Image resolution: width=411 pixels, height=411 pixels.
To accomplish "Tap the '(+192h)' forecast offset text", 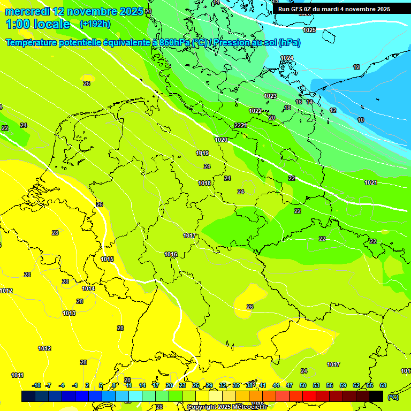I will [x=95, y=24].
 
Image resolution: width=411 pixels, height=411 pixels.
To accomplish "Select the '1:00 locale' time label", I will [x=37, y=24].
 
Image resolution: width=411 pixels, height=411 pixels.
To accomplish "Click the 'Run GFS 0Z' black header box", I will [x=334, y=9].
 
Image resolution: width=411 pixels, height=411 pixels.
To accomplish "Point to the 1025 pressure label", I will [x=309, y=30].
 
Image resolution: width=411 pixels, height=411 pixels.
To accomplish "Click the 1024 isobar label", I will [x=287, y=58].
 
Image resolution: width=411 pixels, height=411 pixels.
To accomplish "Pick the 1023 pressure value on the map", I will [x=270, y=96].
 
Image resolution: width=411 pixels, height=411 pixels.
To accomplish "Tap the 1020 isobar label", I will [x=221, y=140].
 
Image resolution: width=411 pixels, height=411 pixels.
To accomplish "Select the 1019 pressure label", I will [x=202, y=153].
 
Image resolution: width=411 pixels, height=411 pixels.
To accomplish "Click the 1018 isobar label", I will [x=204, y=183].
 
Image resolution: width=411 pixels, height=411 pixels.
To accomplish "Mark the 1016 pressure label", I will [x=171, y=254].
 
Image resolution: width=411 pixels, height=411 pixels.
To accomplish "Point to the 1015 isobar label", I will [x=107, y=259].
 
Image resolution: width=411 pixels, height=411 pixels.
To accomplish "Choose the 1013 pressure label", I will [x=69, y=313].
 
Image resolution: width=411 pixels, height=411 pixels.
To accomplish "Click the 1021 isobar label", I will [x=371, y=182].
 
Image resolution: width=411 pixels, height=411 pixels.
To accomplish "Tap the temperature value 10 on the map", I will [x=361, y=120].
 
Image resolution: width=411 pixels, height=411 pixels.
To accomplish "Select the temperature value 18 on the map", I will [x=287, y=108].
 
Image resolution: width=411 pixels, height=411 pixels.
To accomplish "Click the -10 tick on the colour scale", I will [x=37, y=385].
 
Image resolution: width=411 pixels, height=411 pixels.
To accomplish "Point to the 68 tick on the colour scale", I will [x=383, y=385].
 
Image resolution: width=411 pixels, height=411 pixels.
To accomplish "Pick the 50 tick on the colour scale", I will [x=303, y=385].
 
